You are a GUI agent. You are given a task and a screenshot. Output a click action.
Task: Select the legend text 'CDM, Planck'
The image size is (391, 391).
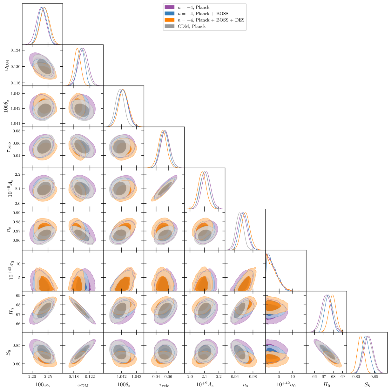192,26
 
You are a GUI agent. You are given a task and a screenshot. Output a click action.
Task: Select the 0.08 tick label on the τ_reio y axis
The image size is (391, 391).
16,131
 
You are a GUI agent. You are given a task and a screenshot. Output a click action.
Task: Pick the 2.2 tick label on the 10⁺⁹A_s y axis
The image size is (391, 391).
17,174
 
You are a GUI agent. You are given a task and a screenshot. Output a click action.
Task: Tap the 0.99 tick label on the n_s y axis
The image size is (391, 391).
16,212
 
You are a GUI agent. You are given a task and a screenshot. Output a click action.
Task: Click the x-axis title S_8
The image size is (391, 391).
367,385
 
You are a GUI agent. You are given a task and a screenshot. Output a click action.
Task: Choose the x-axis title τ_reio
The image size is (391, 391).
164,385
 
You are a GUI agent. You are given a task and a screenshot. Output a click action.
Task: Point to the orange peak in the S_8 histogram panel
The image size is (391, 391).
361,336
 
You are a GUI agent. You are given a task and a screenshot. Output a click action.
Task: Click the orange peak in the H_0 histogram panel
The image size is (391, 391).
333,295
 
